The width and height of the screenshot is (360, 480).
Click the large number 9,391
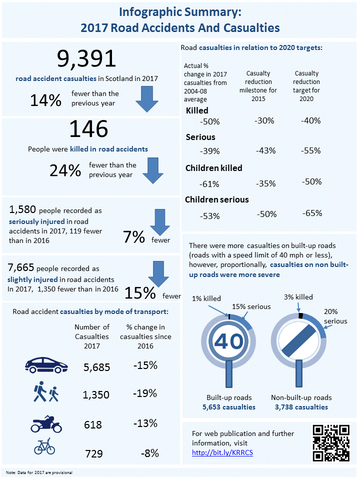click(86, 59)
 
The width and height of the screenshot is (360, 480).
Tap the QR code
click(330, 442)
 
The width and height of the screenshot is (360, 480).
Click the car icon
click(46, 366)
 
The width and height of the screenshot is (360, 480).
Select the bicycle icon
click(44, 446)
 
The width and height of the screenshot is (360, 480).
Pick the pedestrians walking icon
click(46, 392)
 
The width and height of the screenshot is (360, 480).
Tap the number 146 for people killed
click(88, 129)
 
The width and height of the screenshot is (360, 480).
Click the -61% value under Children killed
click(209, 183)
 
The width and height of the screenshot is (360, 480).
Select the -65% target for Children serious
click(312, 213)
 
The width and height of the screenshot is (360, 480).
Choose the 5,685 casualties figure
click(96, 367)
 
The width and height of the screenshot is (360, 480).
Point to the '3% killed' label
click(298, 297)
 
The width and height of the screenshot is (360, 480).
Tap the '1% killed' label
click(206, 298)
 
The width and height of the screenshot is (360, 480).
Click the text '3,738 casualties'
click(301, 407)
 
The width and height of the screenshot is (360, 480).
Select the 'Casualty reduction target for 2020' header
click(306, 86)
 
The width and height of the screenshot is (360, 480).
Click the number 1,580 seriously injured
click(22, 208)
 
